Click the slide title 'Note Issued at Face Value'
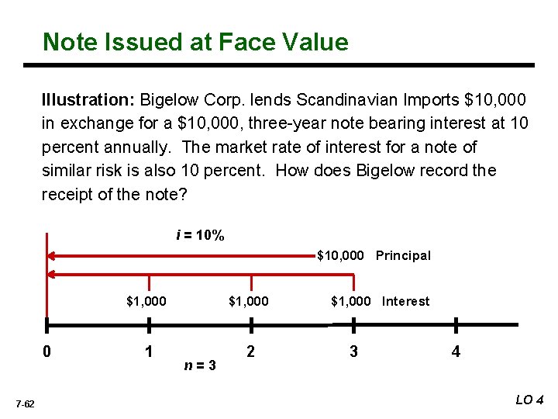pyautogui.click(x=195, y=42)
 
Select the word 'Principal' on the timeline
pyautogui.click(x=403, y=255)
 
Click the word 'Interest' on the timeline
pyautogui.click(x=405, y=301)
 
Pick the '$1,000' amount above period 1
pyautogui.click(x=146, y=301)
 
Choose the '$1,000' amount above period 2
pyautogui.click(x=249, y=301)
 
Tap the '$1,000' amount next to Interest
pyautogui.click(x=351, y=301)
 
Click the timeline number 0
pyautogui.click(x=47, y=351)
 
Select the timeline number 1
pyautogui.click(x=149, y=351)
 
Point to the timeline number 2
pyautogui.click(x=250, y=351)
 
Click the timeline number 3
pyautogui.click(x=353, y=351)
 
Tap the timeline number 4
pyautogui.click(x=456, y=351)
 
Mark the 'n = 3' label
pyautogui.click(x=200, y=364)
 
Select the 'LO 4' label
pyautogui.click(x=530, y=400)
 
